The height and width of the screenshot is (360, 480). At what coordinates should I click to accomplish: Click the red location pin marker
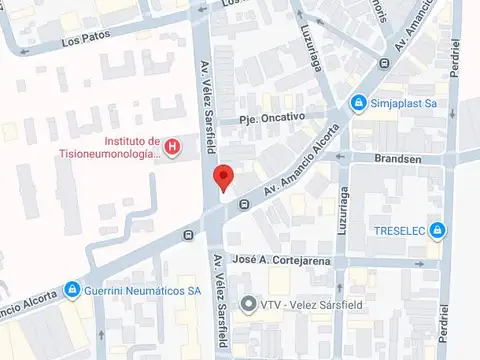click(x=224, y=177)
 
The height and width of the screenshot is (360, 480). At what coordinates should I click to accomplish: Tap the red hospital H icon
click(x=173, y=148)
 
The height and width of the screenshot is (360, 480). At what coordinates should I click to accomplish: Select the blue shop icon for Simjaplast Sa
click(x=358, y=102)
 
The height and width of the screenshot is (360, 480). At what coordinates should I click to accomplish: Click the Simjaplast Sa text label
click(x=402, y=102)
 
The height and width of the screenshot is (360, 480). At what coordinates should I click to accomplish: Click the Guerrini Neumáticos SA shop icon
click(x=72, y=291)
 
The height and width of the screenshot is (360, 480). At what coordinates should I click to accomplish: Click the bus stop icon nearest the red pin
click(x=244, y=205)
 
